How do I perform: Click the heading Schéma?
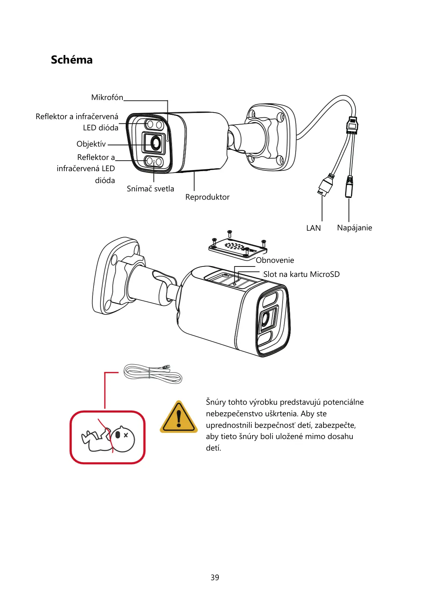(71, 60)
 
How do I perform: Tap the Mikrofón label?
(107, 97)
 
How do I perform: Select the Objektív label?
(91, 144)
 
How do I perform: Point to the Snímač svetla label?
(150, 189)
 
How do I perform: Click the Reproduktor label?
(207, 197)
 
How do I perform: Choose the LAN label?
(313, 228)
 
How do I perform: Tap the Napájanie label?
(354, 228)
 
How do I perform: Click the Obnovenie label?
(275, 260)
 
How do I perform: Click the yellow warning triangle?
(179, 418)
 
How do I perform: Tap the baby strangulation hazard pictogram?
(108, 438)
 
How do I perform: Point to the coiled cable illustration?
(152, 374)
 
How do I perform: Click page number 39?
(215, 577)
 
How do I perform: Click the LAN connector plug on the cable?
(326, 185)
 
